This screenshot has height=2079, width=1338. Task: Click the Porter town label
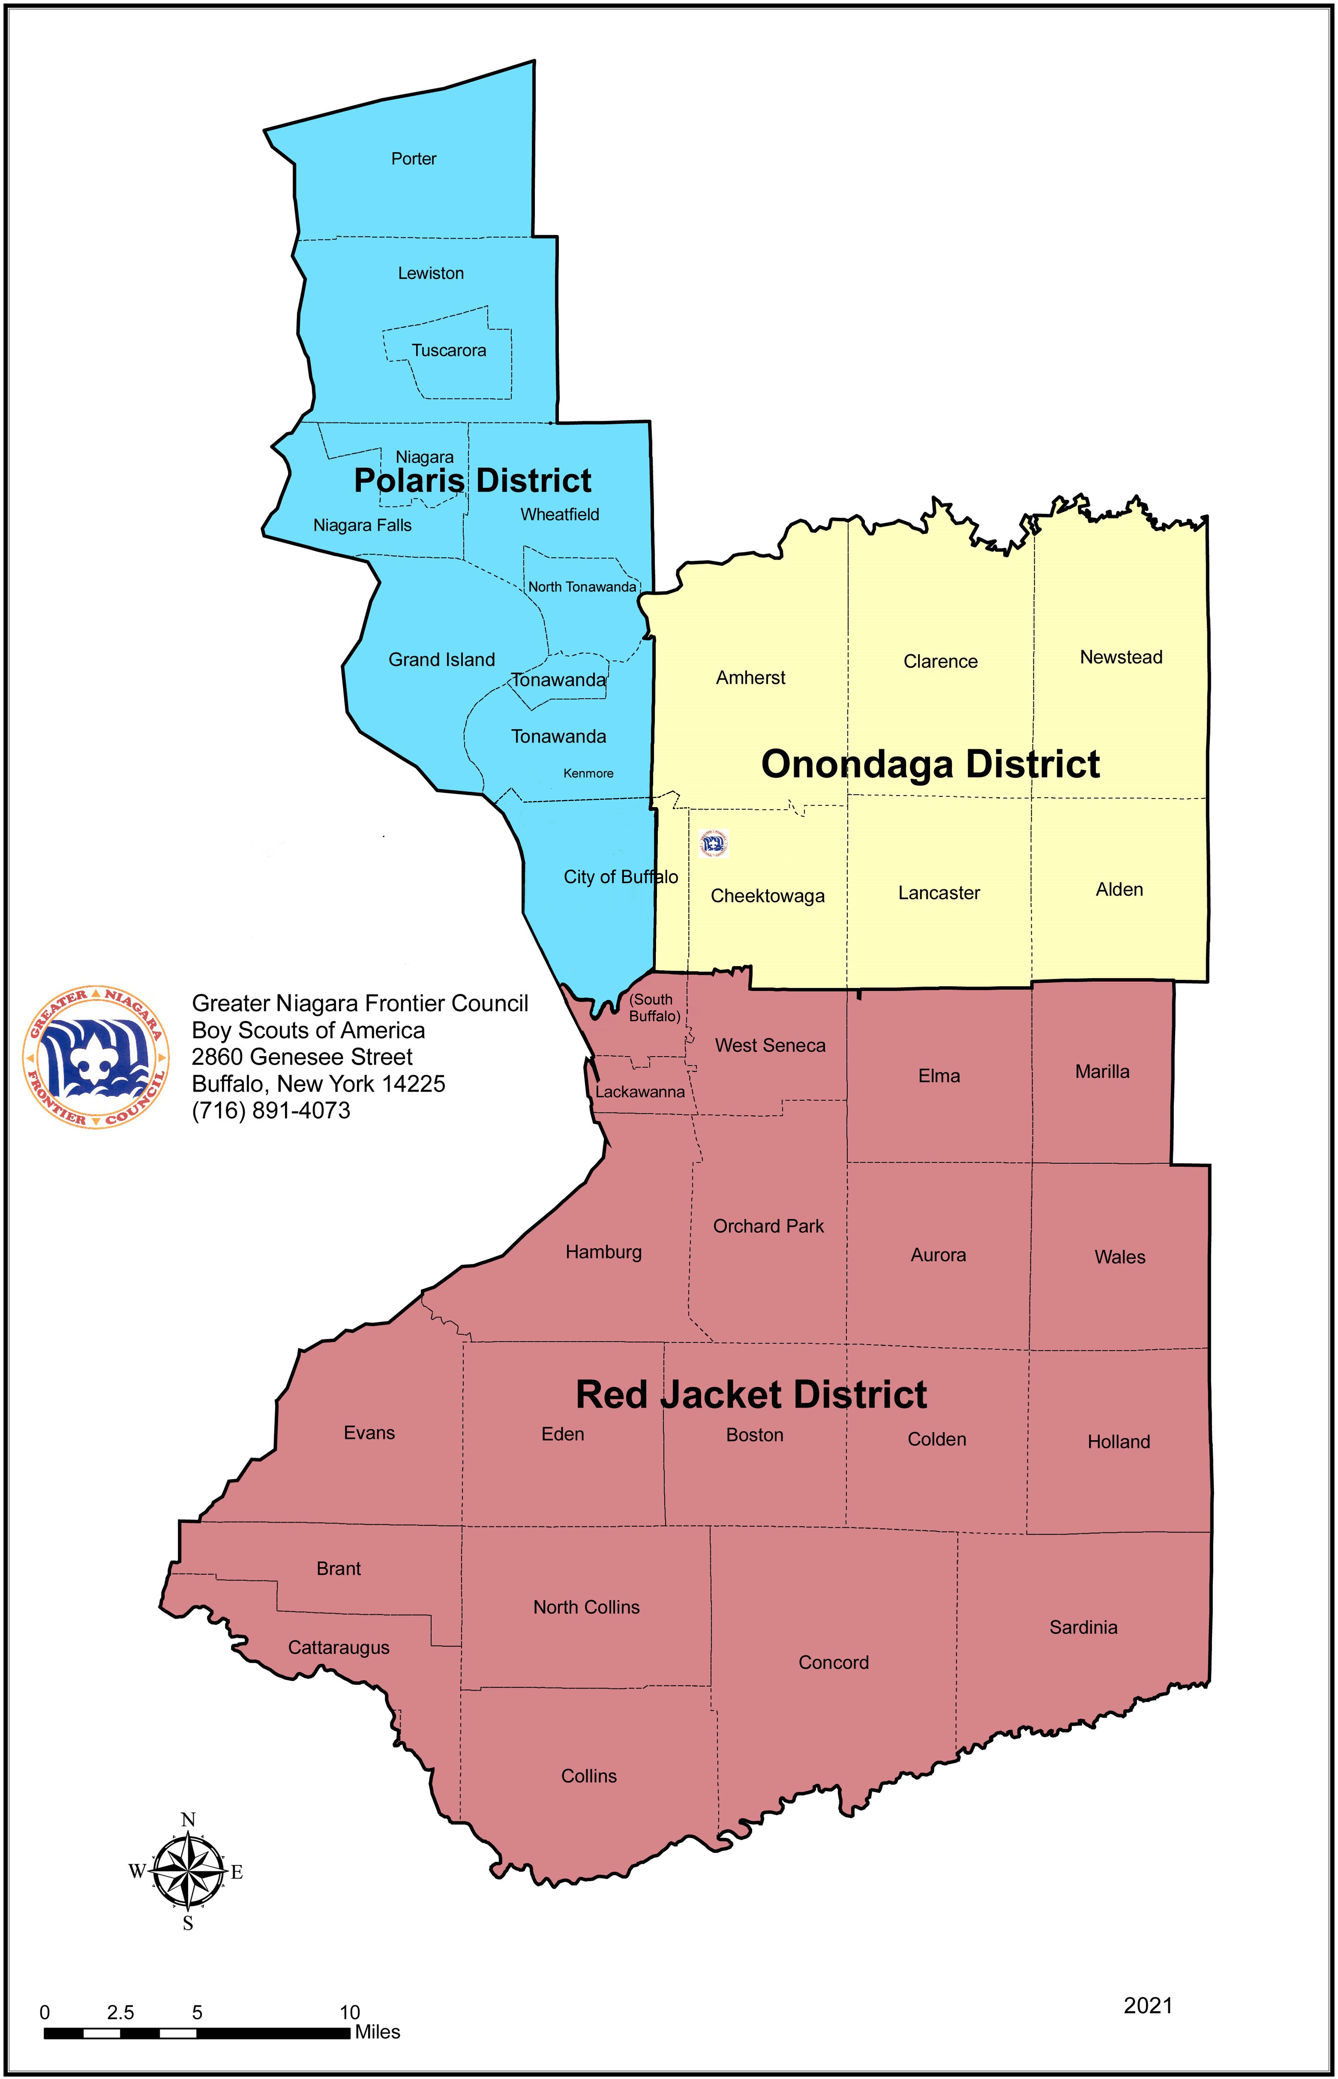point(414,159)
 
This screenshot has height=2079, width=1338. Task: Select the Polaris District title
point(473,480)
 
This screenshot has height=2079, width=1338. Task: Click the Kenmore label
point(588,773)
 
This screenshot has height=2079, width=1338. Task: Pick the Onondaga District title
point(931,765)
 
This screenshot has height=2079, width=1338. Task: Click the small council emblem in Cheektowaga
point(713,843)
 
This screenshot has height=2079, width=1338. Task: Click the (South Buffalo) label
point(654,1008)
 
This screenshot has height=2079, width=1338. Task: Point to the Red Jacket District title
point(752,1394)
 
